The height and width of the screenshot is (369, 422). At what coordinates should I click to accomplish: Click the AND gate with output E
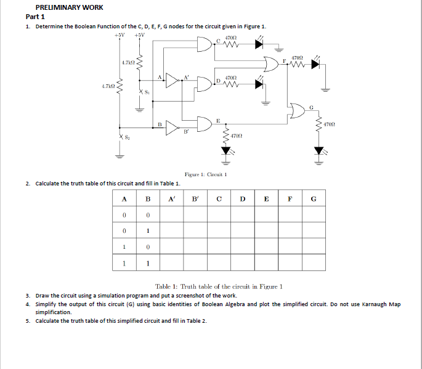[x=205, y=124]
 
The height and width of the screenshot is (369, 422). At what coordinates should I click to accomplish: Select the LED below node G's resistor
[x=319, y=151]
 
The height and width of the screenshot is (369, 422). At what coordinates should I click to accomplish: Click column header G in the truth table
[x=314, y=198]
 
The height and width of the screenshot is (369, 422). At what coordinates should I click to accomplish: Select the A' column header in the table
[x=171, y=198]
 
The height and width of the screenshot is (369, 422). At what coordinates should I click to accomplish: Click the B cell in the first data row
[x=148, y=214]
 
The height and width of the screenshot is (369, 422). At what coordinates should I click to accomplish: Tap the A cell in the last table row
[x=124, y=263]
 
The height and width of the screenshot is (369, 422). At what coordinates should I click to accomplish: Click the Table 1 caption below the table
[x=219, y=286]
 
